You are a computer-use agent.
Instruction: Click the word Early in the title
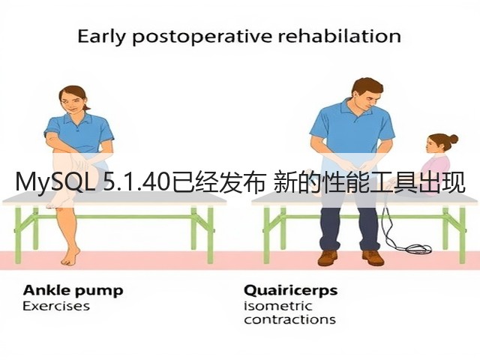102,37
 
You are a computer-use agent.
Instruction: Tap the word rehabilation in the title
339,36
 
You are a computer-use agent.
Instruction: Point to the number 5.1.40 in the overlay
137,183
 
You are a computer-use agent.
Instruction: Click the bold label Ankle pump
73,291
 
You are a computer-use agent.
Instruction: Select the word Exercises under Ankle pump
56,306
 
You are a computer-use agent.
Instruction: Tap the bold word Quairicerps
291,291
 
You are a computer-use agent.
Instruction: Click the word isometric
278,306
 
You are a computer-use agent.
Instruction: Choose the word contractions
290,319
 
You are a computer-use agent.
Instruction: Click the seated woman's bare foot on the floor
70,256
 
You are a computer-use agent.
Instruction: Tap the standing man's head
367,94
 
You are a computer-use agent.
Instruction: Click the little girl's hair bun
453,139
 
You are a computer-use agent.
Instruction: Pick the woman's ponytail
86,106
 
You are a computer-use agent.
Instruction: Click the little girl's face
432,145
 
